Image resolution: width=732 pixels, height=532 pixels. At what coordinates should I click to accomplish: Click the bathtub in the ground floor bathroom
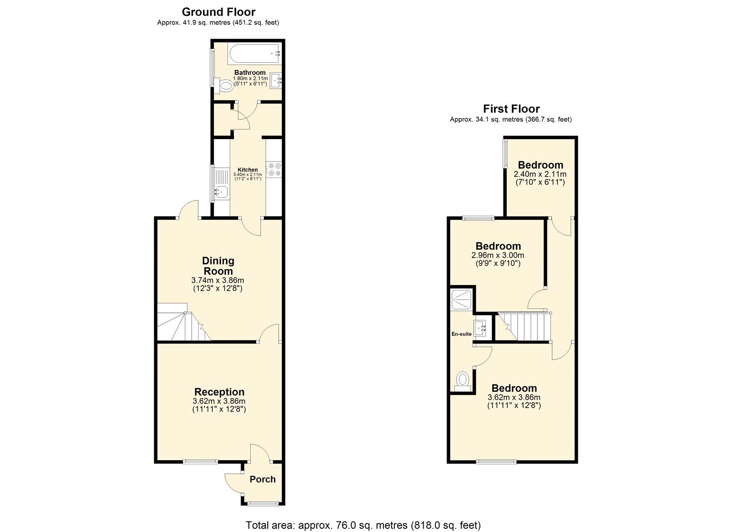pos(254,54)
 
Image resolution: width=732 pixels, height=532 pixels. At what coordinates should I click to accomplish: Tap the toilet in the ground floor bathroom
pos(224,85)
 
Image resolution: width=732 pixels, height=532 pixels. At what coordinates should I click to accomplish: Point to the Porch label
pos(263,479)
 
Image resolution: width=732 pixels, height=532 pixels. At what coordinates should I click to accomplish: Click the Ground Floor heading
pos(218,12)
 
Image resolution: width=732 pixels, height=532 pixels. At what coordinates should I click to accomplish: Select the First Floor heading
pos(511,109)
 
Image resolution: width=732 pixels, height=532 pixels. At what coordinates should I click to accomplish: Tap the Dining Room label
pos(218,266)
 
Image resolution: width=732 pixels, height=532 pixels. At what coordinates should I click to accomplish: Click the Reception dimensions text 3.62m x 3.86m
pos(219,401)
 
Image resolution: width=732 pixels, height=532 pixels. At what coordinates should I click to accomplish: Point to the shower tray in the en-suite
pos(461,300)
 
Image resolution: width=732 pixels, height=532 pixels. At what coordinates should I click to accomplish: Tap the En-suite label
pos(461,334)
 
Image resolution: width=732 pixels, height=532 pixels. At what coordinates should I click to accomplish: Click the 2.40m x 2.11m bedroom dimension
pos(540,174)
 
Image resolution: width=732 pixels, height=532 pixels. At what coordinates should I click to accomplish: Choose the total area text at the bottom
pos(363,525)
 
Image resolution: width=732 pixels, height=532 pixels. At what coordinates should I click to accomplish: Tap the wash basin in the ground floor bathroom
pos(276,81)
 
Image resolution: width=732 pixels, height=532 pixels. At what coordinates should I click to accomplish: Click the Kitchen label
pos(248,170)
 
